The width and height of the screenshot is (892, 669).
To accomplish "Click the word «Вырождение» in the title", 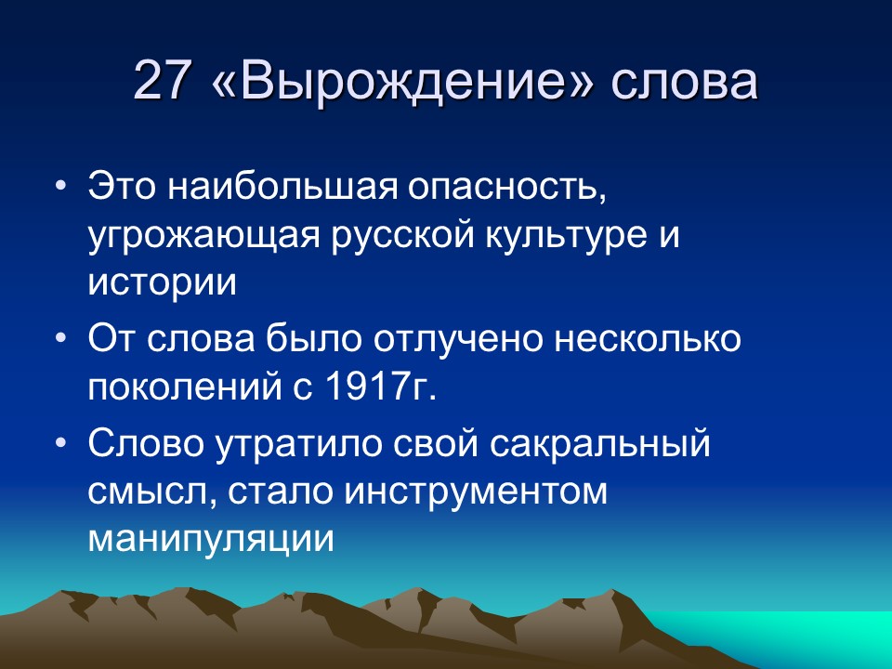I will click(400, 82).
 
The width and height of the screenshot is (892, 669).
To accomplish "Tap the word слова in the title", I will click(683, 82).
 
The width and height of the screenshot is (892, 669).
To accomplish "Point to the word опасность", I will click(492, 190).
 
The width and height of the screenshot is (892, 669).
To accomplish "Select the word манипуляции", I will click(210, 539).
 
